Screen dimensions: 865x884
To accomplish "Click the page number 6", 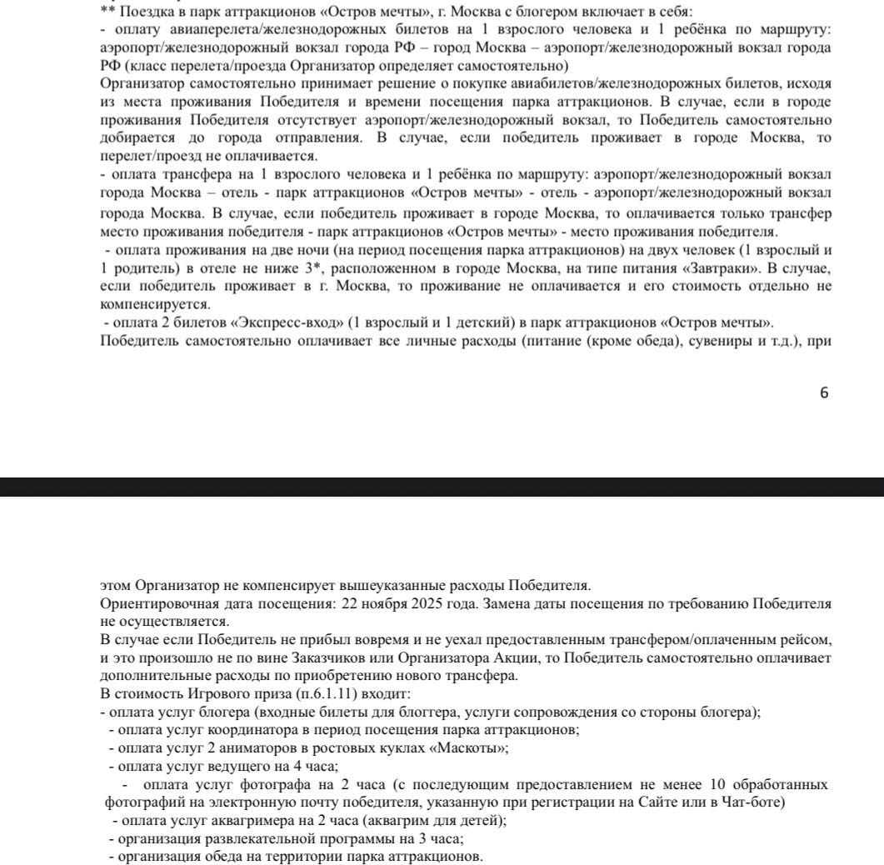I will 824,393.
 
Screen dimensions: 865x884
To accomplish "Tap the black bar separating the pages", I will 442,487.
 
